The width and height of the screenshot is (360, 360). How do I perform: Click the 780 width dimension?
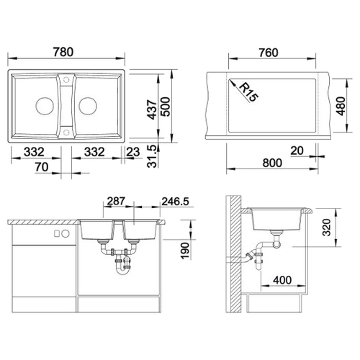tap(63, 52)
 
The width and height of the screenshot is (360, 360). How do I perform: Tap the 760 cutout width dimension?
tap(269, 53)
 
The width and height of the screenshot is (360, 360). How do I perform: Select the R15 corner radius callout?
tap(248, 92)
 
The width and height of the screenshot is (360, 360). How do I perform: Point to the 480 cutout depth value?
tap(341, 106)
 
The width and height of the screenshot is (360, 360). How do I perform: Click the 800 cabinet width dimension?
tap(272, 163)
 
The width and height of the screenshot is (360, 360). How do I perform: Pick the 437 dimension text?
tap(152, 109)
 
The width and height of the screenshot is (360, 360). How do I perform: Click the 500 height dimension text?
tap(166, 107)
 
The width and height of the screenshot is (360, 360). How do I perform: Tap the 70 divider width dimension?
tap(42, 167)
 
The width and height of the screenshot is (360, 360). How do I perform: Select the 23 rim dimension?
tap(133, 152)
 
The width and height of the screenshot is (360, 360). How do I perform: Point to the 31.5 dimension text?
tap(152, 156)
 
